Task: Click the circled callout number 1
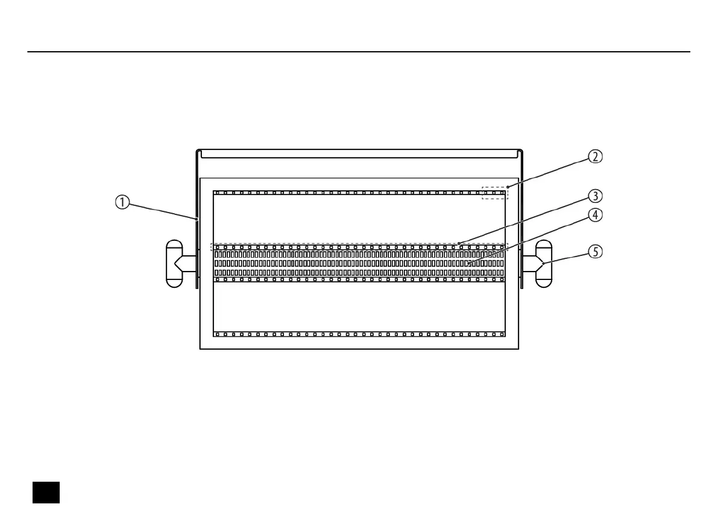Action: point(122,203)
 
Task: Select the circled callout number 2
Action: point(595,157)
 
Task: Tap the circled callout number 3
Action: point(595,196)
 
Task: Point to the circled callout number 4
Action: point(595,215)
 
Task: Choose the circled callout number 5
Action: point(595,252)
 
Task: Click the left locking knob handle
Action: point(174,264)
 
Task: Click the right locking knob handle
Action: point(544,264)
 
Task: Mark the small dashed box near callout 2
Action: point(495,193)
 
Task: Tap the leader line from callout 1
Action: point(163,211)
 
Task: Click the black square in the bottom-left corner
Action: point(46,492)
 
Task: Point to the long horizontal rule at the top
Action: point(359,52)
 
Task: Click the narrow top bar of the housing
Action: point(359,154)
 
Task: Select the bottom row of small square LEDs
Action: point(359,334)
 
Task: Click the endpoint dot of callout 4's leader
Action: point(469,264)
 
